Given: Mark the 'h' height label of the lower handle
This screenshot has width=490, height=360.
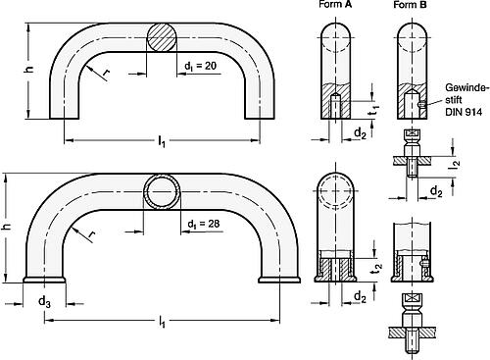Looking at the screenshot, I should [x=7, y=227].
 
